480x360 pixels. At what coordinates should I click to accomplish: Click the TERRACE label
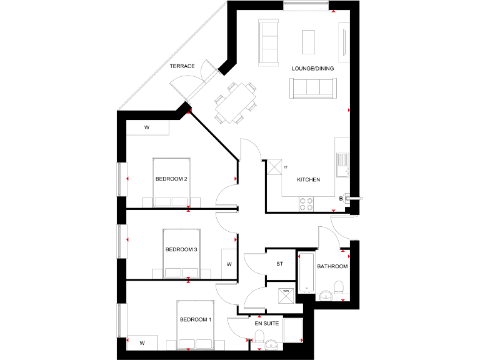[x=182, y=66]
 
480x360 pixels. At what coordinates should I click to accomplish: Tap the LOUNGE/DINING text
[x=312, y=68]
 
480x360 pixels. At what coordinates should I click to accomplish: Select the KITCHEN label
[x=308, y=180]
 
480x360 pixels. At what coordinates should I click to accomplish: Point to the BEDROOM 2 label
[x=171, y=179]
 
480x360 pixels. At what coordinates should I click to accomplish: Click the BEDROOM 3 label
[x=181, y=250]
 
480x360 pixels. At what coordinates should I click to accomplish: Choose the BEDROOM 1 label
[x=196, y=320]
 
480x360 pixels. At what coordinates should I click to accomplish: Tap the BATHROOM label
[x=332, y=267]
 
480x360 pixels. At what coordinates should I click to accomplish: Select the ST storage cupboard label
[x=280, y=264]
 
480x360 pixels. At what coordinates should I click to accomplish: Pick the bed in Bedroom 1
[x=196, y=324]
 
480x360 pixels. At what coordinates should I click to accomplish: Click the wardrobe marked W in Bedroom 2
[x=147, y=127]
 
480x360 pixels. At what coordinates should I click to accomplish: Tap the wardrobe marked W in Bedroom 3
[x=229, y=264]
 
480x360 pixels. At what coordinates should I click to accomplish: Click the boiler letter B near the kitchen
[x=341, y=199]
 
